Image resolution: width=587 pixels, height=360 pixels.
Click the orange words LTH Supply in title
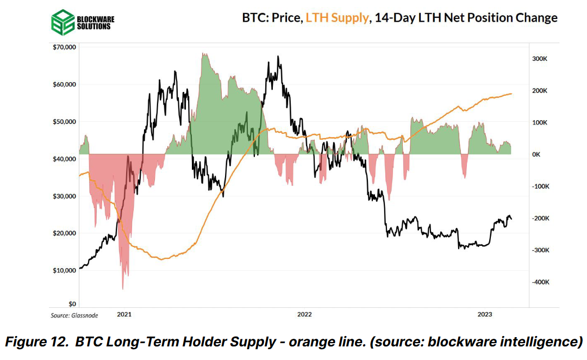336,17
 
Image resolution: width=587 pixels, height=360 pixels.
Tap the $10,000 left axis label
65,270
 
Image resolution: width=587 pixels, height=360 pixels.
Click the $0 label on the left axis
72,304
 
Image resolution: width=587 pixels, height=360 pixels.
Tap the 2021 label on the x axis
124,314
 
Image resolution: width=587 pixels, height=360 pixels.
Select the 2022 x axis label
304,314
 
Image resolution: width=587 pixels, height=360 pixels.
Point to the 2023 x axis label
485,314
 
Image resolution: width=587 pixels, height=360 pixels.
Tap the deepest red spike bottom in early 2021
123,289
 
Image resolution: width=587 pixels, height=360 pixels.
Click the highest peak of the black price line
278,56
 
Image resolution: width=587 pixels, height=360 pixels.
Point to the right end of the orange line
512,94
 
